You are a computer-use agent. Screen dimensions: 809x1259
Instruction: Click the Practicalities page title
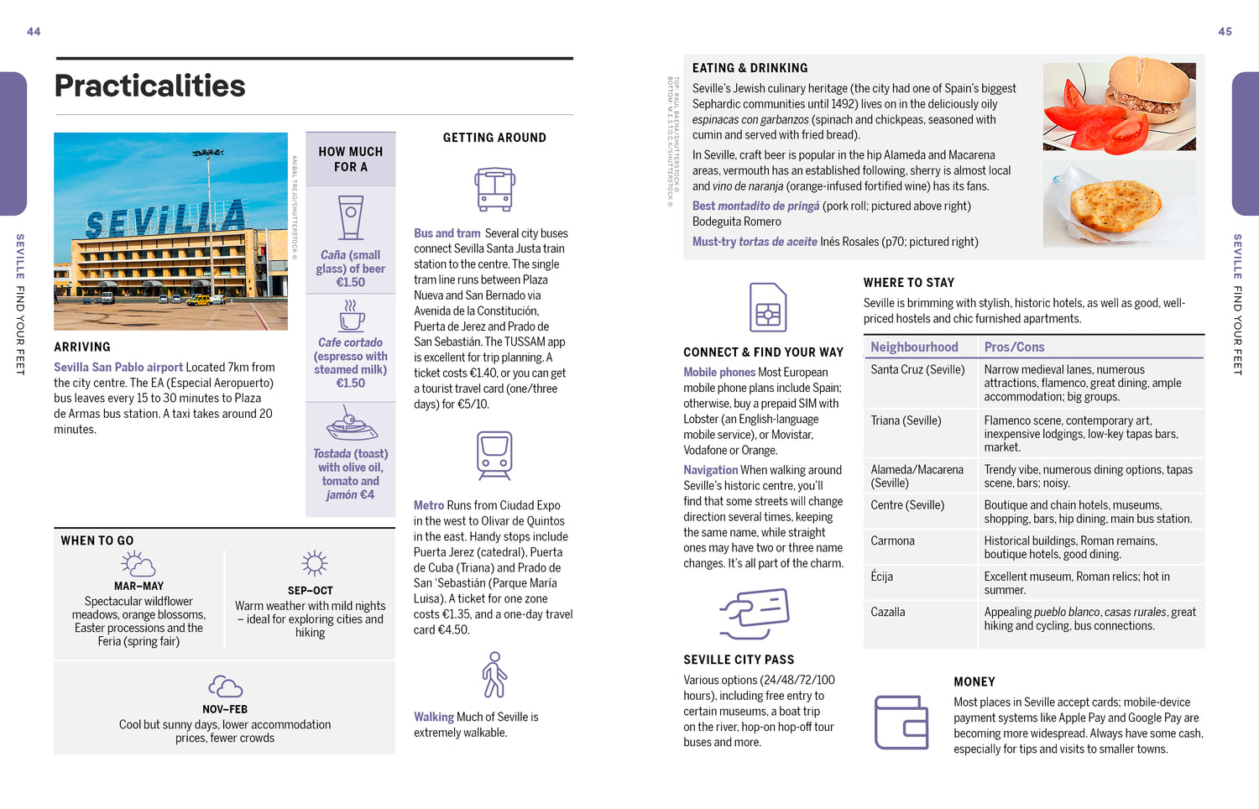point(149,86)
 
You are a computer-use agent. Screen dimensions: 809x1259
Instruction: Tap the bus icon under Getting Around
point(494,189)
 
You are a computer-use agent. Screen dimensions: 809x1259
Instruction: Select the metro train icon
point(494,455)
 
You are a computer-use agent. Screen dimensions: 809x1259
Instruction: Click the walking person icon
point(494,675)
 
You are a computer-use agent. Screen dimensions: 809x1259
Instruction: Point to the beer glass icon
point(351,217)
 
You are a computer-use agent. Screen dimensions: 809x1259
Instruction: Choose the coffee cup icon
point(351,316)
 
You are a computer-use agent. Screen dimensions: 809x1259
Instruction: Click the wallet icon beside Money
point(901,722)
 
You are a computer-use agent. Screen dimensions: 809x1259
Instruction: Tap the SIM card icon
point(768,307)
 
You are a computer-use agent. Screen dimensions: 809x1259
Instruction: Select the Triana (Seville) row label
point(906,420)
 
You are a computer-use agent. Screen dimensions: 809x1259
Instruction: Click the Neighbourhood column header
point(914,347)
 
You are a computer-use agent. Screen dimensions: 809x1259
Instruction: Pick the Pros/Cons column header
point(1014,347)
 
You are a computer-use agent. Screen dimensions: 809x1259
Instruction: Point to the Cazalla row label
point(888,612)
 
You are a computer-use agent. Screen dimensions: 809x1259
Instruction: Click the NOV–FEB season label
point(225,709)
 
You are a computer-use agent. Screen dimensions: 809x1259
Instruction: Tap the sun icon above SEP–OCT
point(314,563)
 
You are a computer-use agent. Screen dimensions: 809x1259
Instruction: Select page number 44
point(34,32)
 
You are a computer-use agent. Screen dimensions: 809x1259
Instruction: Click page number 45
point(1225,32)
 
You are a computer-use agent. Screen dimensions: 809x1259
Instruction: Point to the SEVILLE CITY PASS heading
point(739,660)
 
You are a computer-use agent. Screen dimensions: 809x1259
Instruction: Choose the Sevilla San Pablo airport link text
point(118,368)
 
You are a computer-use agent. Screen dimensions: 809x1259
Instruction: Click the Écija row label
point(881,577)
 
